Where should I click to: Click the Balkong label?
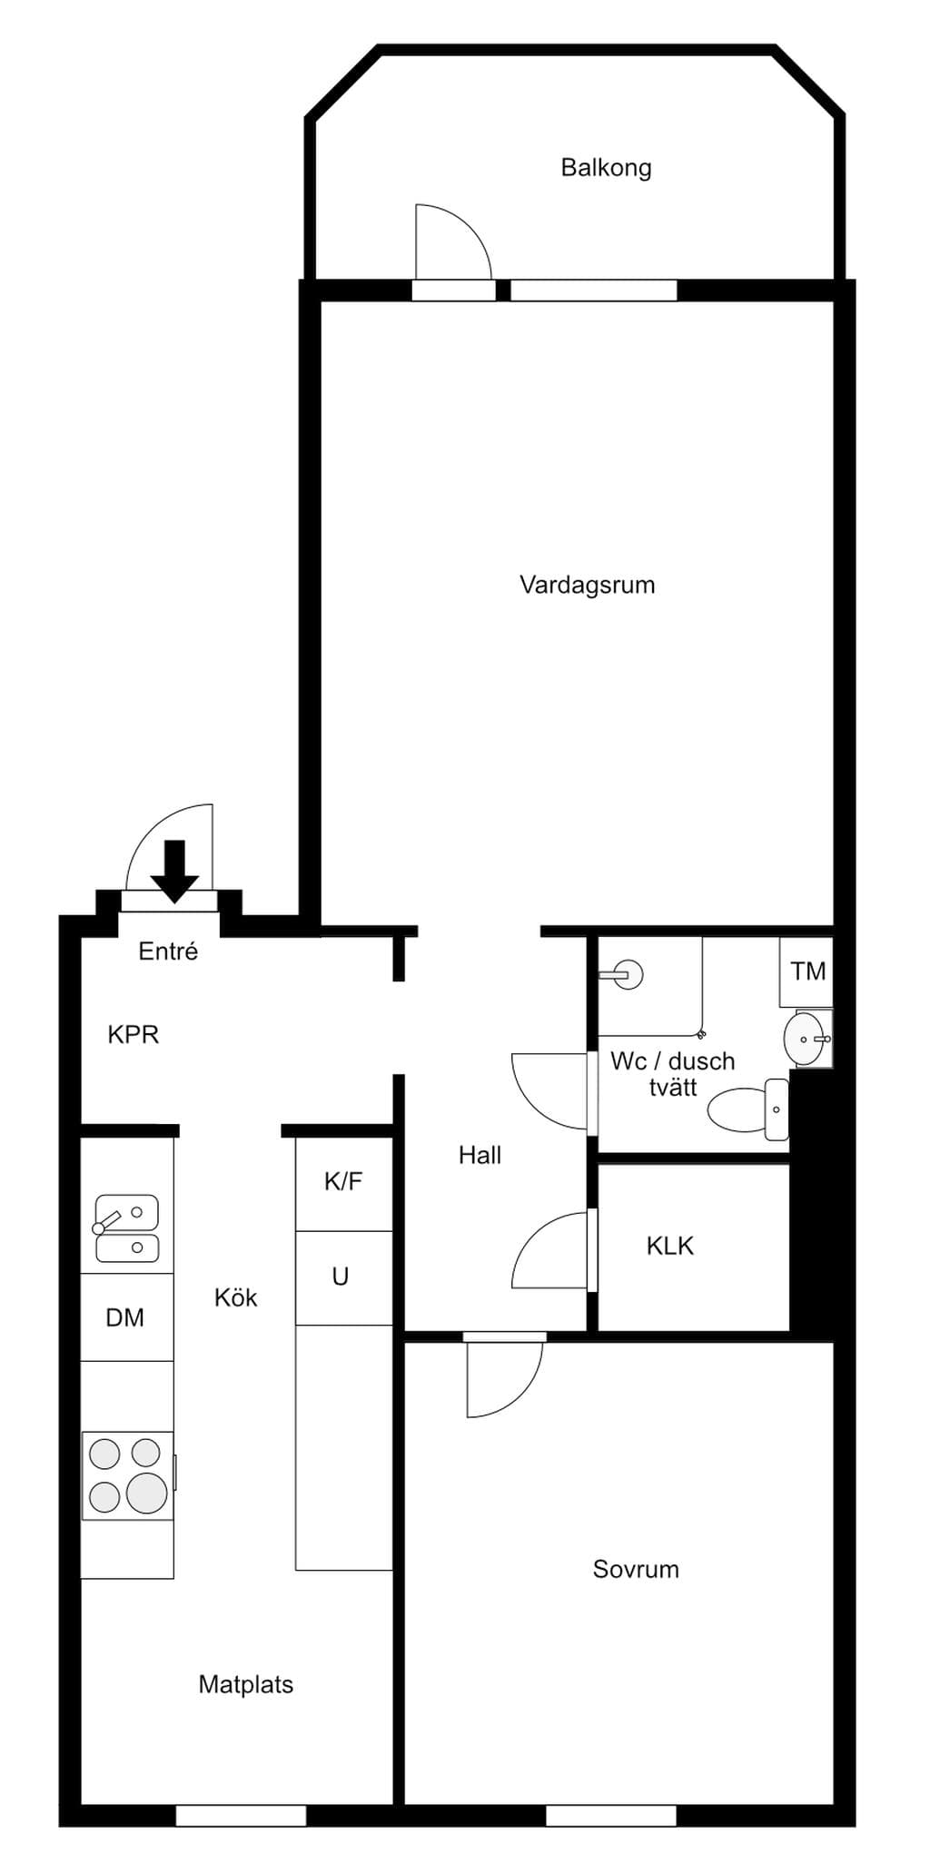click(x=606, y=168)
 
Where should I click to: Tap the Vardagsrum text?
click(x=587, y=585)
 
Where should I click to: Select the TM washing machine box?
click(x=806, y=971)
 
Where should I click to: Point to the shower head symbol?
click(x=622, y=975)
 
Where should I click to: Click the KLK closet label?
click(x=670, y=1246)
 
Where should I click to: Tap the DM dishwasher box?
click(x=127, y=1316)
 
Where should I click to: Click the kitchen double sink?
click(x=127, y=1228)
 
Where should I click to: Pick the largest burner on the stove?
click(x=146, y=1493)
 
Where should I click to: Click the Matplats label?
click(x=246, y=1685)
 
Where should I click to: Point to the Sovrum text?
click(x=636, y=1570)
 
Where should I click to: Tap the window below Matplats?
click(x=241, y=1815)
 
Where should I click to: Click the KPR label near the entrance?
click(x=134, y=1035)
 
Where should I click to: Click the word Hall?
click(x=480, y=1156)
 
